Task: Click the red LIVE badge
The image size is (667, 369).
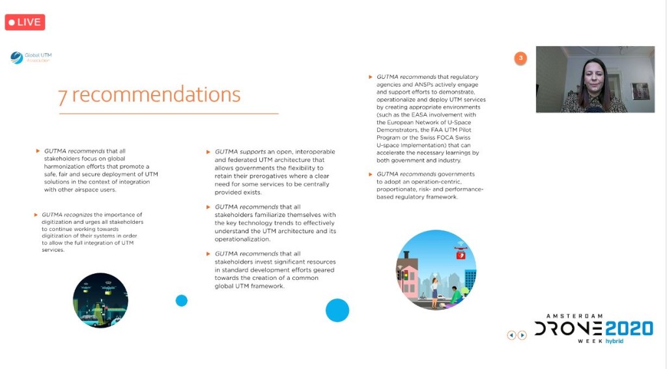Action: click(25, 22)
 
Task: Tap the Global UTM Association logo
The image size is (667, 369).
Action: click(31, 58)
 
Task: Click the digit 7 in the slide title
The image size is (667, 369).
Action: click(63, 96)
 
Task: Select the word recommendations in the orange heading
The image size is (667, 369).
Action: click(156, 94)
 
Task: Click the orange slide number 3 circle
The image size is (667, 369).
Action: click(520, 58)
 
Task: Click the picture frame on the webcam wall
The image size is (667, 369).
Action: click(640, 90)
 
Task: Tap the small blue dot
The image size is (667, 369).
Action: click(181, 301)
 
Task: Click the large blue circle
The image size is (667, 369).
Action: click(337, 310)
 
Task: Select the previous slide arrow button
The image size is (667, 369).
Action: click(511, 335)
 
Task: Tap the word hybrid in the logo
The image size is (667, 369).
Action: click(614, 341)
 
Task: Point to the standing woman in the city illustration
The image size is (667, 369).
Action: click(434, 290)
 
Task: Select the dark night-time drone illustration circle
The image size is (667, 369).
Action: click(100, 300)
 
